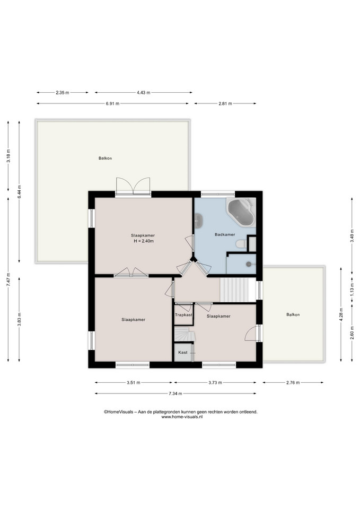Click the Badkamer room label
225,234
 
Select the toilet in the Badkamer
241,244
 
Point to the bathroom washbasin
198,221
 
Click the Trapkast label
184,315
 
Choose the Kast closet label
183,352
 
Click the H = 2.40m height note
144,241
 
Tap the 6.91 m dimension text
112,103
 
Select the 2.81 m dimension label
225,103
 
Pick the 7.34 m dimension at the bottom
175,394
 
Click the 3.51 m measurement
134,383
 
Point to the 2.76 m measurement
293,383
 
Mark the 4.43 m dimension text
144,92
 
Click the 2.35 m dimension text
63,92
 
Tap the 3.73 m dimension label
215,383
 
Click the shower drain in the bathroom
249,264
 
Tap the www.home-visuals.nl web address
182,417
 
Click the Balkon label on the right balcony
293,314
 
